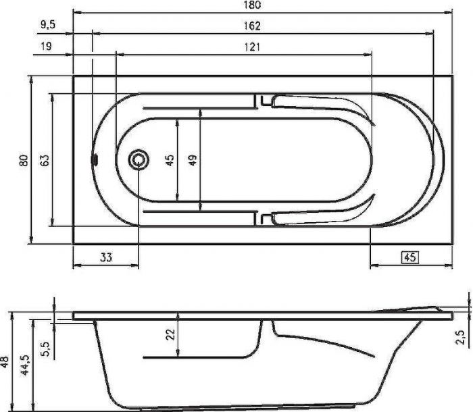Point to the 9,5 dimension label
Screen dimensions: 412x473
[x=47, y=26]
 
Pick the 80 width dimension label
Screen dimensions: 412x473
[x=24, y=161]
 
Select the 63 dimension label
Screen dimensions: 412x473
[x=45, y=161]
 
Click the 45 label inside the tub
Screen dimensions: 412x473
[x=170, y=161]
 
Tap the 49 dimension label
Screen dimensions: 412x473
[x=193, y=161]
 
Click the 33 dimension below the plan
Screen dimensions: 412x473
[x=105, y=256]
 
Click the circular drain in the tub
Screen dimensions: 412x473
[x=139, y=160]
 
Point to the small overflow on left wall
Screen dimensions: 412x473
[x=95, y=161]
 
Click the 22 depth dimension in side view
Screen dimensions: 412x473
[x=170, y=334]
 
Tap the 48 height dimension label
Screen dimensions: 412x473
[x=5, y=361]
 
